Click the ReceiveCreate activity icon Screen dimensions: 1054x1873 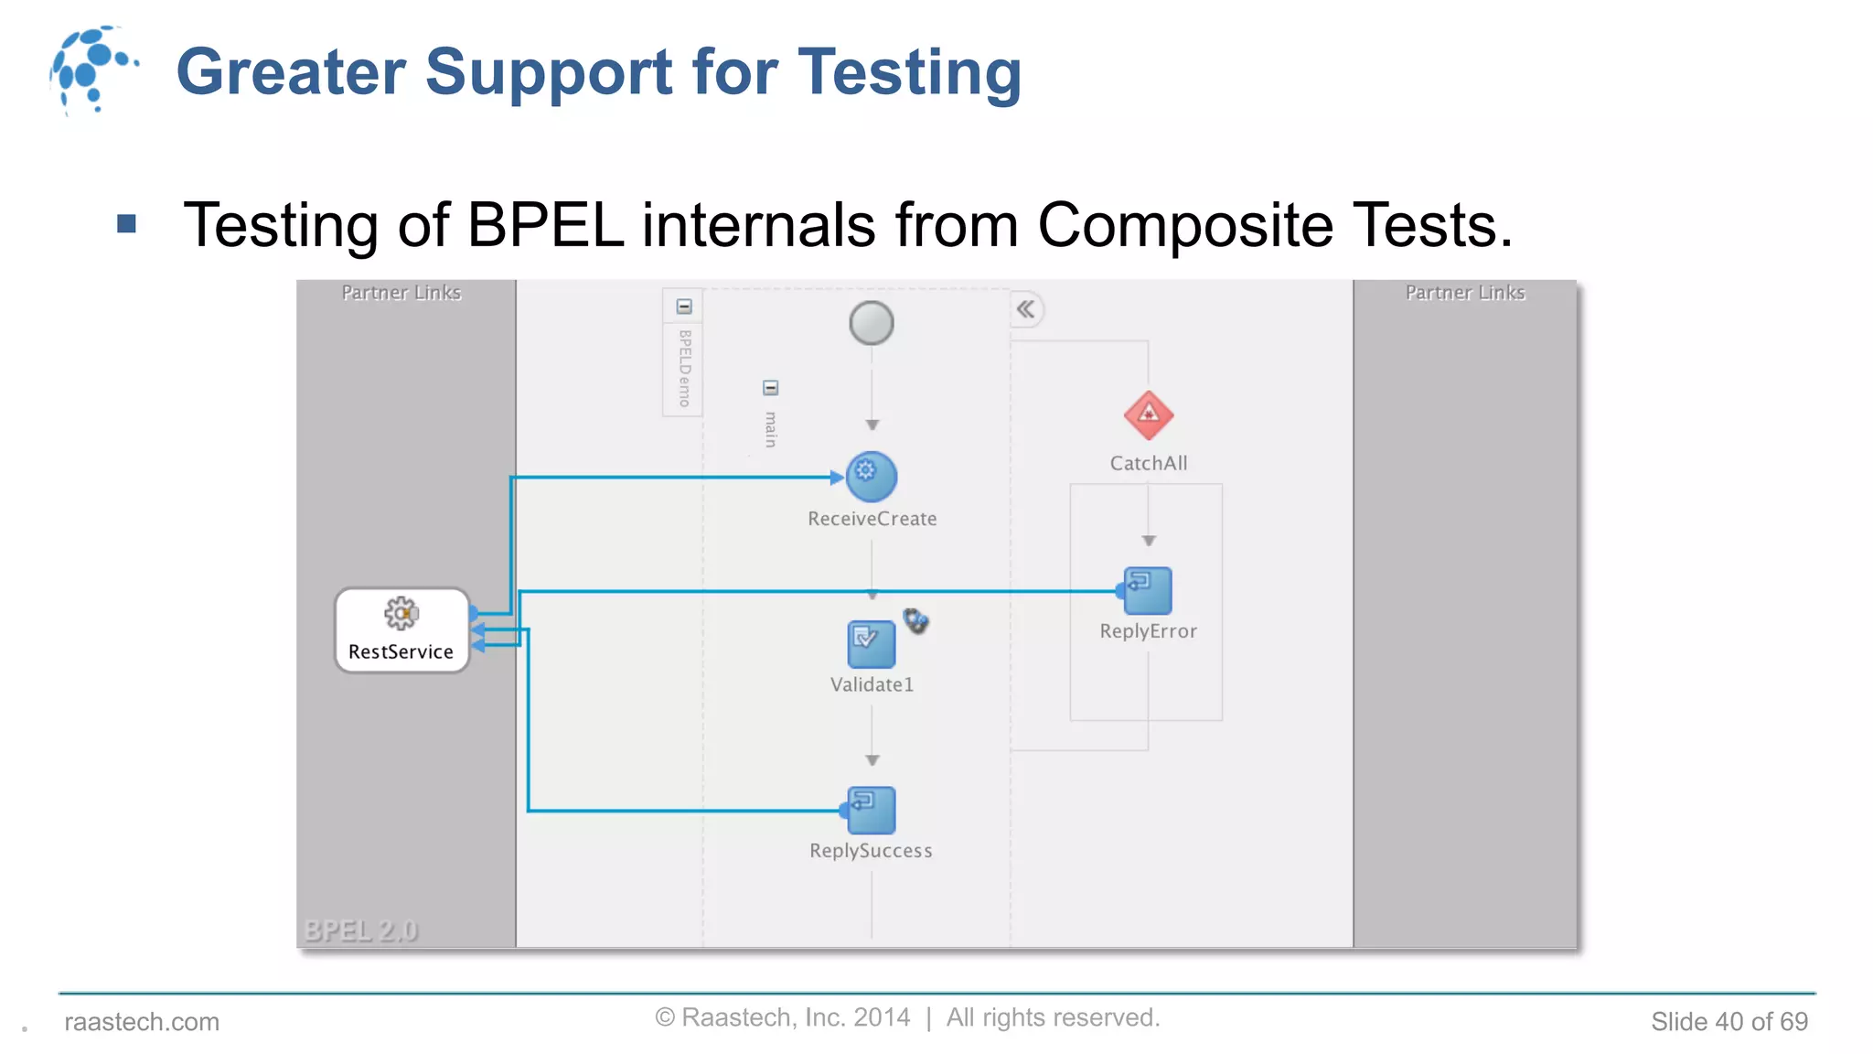[871, 477]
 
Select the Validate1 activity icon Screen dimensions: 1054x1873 [871, 643]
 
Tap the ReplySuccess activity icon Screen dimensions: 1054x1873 [871, 810]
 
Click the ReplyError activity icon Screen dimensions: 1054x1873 [1148, 590]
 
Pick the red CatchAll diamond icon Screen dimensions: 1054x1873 [1148, 415]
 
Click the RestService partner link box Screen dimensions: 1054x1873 [401, 630]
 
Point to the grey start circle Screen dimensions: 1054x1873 [871, 323]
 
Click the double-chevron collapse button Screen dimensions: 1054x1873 [1026, 309]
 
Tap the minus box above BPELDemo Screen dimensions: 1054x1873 [684, 307]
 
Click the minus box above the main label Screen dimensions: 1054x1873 [770, 388]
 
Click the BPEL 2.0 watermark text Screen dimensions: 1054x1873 [360, 930]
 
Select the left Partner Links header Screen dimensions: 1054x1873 [401, 293]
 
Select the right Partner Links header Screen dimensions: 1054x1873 [1465, 293]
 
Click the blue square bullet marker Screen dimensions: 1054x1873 [127, 223]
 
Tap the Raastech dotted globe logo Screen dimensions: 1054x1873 [91, 70]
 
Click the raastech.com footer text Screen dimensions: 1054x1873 [142, 1021]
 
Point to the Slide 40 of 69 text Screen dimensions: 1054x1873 [1729, 1021]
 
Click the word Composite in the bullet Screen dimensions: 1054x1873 [1184, 225]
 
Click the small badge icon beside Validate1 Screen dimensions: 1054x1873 [915, 621]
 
